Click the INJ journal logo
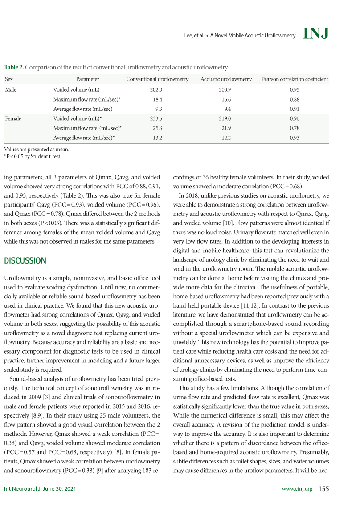click(315, 33)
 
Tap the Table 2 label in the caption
click(14, 67)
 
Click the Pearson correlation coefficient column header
click(295, 79)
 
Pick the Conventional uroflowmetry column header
click(157, 79)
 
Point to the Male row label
click(10, 89)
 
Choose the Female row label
click(12, 119)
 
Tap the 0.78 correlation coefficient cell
click(295, 129)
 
